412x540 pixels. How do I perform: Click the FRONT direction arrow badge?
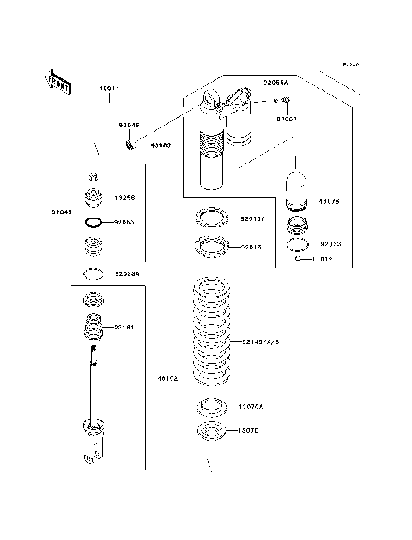[x=58, y=80]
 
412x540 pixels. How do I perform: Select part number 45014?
[x=109, y=88]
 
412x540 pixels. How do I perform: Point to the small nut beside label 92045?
[x=130, y=143]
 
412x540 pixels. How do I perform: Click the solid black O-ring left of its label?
[x=94, y=224]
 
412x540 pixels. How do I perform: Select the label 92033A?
[x=127, y=274]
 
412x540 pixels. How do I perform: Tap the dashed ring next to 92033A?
[x=94, y=275]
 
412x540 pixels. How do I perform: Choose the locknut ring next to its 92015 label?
[x=211, y=247]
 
